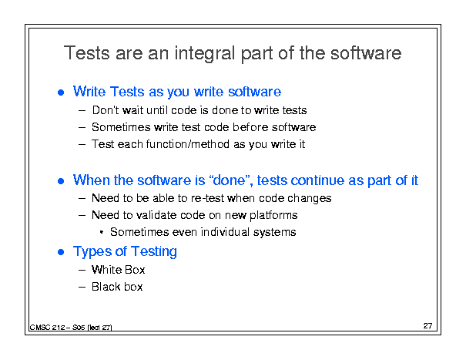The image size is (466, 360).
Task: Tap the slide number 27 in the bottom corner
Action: pos(427,326)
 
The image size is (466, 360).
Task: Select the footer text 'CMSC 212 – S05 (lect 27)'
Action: pos(71,328)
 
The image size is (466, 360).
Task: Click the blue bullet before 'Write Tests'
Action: pos(61,93)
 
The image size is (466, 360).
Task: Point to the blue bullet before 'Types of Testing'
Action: pos(61,252)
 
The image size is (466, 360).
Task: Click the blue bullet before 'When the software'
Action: pos(61,181)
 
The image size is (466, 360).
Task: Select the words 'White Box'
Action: pos(119,270)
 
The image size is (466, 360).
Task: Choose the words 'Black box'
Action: pos(117,287)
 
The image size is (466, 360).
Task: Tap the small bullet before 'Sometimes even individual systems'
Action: pos(102,232)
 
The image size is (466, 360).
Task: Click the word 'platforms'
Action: pos(273,215)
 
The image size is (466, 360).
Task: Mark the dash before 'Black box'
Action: pos(82,287)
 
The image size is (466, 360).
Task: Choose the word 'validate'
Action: pos(156,215)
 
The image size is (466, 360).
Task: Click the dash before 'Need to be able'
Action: pos(82,198)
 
